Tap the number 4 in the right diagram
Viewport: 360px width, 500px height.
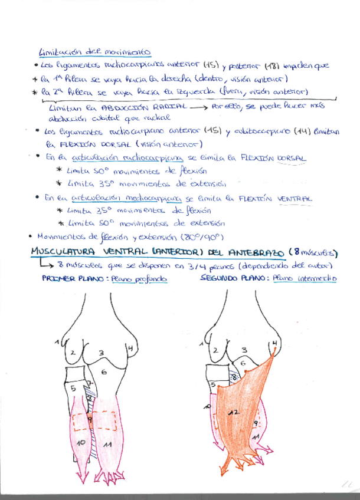pos(274,343)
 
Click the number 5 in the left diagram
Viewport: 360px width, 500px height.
pos(74,389)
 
